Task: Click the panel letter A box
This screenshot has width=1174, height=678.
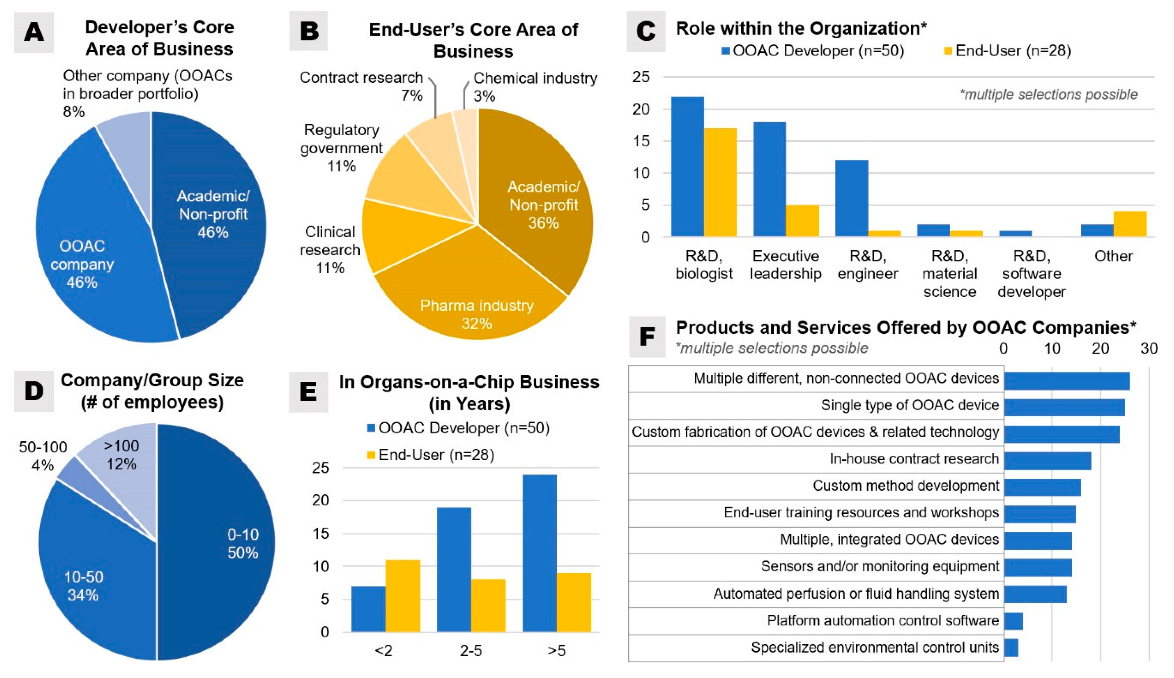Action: (x=34, y=32)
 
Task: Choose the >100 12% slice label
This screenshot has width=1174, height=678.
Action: (x=121, y=455)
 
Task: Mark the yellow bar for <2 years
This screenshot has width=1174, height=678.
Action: (x=403, y=596)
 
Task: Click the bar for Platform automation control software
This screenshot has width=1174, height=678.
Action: (x=1013, y=621)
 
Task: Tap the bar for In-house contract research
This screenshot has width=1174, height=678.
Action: (x=1047, y=460)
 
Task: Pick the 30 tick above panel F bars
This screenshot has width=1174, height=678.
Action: (x=1149, y=348)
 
